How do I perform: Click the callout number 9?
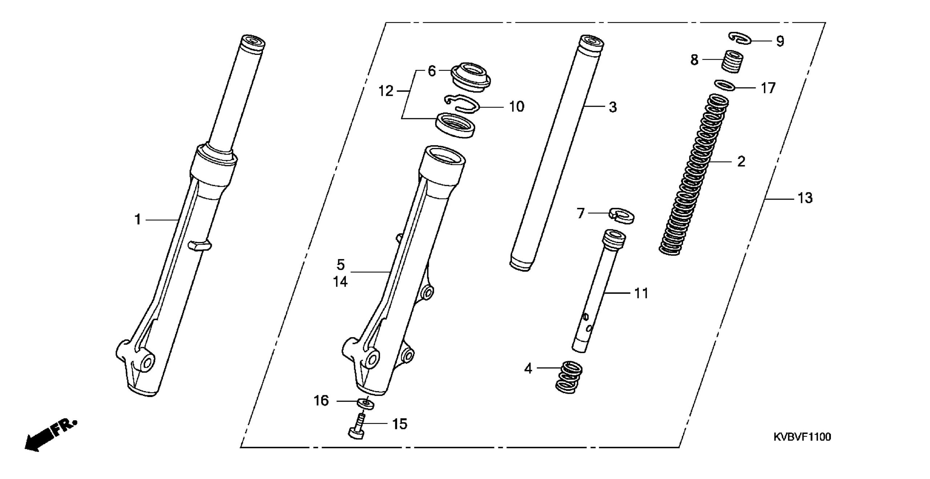tap(780, 41)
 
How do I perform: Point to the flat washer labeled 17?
tap(725, 86)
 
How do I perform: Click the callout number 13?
tap(805, 198)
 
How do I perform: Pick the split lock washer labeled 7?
tap(621, 215)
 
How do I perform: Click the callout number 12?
tap(386, 91)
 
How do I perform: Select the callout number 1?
tap(138, 220)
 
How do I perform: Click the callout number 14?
tap(340, 282)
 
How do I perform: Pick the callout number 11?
tap(641, 293)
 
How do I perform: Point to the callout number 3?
tap(613, 107)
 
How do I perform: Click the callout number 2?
tap(741, 161)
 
